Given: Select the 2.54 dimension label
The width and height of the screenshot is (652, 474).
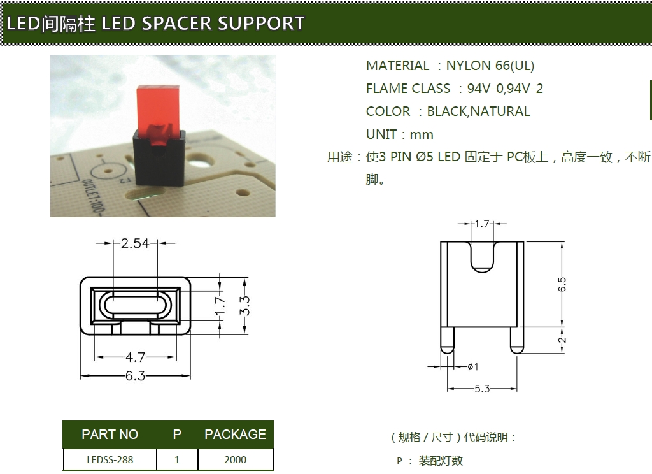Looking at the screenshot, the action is point(135,243).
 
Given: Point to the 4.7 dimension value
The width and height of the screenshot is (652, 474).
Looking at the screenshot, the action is point(136,357).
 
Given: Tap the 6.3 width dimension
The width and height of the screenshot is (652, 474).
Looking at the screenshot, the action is point(136,376).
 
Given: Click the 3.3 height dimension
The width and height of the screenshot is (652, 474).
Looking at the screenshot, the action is point(245,305).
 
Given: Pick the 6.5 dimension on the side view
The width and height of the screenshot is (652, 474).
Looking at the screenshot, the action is point(562,285).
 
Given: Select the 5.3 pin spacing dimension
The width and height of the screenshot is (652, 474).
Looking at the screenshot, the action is point(483,389).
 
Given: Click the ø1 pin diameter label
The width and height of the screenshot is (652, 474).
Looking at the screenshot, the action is point(473,366).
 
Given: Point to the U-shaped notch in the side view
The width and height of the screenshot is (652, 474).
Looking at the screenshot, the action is point(483,257).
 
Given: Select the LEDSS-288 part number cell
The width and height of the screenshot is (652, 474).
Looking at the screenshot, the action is point(110,459).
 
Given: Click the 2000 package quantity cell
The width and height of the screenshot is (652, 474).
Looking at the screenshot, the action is point(236,459).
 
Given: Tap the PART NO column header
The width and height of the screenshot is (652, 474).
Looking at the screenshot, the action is point(110,434).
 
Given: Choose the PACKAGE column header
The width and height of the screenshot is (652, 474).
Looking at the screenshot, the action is point(236,434).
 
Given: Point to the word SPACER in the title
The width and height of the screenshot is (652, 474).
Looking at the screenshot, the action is point(177,24).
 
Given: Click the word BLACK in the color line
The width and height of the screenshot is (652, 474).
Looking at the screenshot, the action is point(447,111).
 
